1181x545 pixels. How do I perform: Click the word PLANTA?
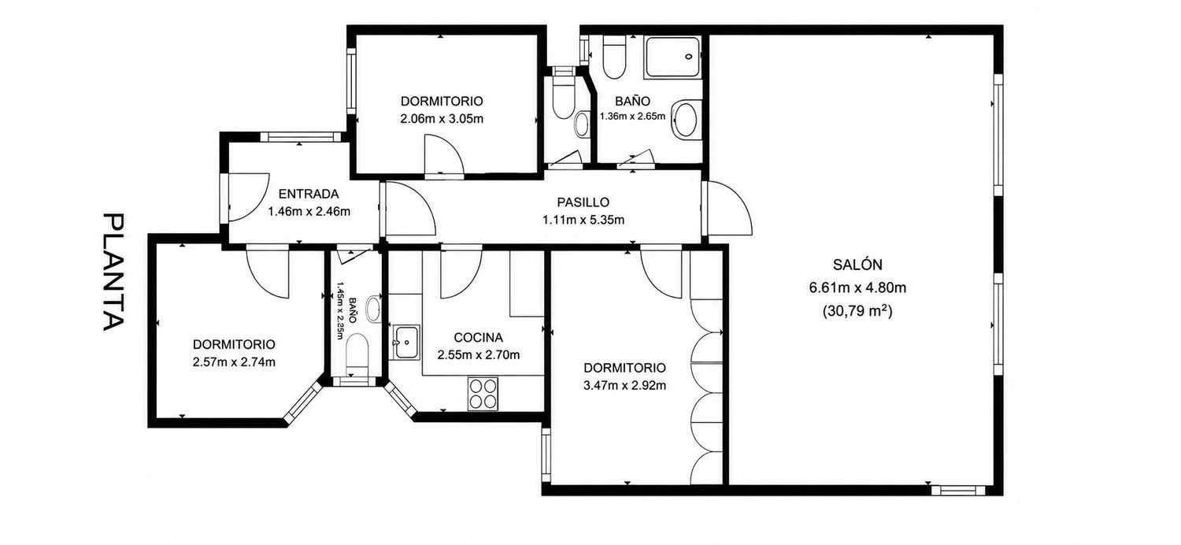coord(113,272)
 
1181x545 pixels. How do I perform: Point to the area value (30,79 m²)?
coord(857,311)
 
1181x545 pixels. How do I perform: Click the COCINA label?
coord(478,338)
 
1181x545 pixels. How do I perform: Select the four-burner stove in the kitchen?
coord(483,394)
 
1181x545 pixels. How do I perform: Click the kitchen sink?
coord(405,343)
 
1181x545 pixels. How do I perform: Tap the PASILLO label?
coord(583,202)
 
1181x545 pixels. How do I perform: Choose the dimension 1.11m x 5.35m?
coord(583,220)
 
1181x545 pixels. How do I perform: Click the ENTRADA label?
coord(309,194)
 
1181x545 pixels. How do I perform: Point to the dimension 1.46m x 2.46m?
coord(309,212)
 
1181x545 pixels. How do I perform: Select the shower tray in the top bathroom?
coord(673,57)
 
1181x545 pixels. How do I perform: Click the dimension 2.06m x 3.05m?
coord(442,119)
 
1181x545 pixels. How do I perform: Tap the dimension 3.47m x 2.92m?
coord(625,386)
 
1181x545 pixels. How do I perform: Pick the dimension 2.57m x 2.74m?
coord(234,362)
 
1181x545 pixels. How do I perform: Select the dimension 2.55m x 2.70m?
coord(478,355)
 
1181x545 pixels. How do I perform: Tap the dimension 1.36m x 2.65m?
coord(633,116)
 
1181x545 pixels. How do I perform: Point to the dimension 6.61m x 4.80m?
coord(857,288)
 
